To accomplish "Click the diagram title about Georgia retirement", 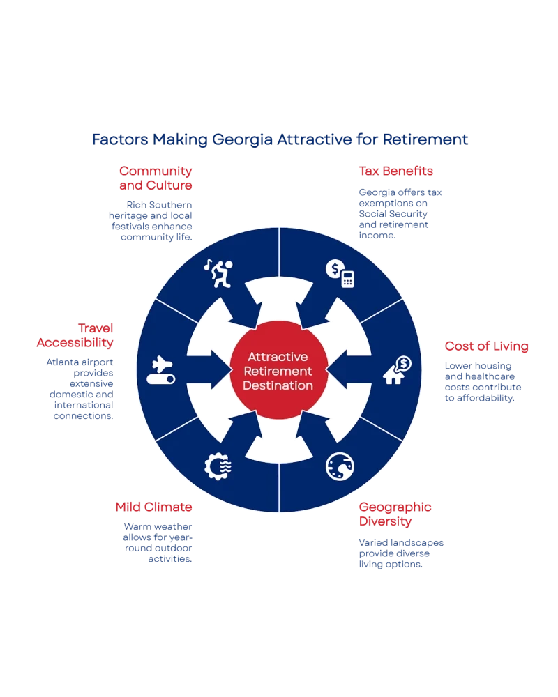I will pos(279,139).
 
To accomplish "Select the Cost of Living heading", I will pos(486,346).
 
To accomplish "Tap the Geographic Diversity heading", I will pos(395,513).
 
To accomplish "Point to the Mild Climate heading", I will pos(153,507).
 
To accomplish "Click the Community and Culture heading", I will pos(156,178).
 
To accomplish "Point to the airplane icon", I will pos(160,370).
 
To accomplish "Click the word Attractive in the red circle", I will pos(279,356).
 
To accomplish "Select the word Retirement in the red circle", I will pos(279,371).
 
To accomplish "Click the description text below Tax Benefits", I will pos(402,213).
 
